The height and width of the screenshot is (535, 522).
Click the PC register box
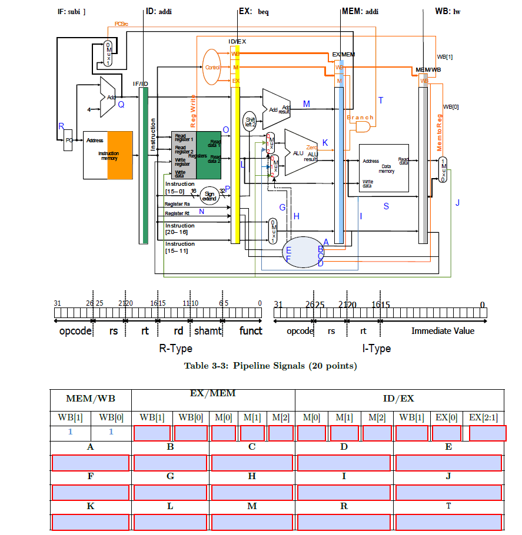68,141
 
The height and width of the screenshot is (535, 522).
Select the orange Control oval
212,67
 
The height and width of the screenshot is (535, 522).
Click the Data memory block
384,168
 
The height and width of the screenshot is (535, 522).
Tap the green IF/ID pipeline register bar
144,165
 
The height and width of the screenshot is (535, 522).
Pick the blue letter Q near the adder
121,105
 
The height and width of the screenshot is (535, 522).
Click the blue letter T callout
381,101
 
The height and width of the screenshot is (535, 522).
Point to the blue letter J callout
457,203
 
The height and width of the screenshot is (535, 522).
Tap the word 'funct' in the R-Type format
250,331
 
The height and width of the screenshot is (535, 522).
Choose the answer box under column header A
91,463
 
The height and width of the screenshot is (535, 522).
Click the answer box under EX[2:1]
487,433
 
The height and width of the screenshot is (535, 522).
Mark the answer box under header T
448,521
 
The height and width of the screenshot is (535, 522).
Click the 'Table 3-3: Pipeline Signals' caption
270,366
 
